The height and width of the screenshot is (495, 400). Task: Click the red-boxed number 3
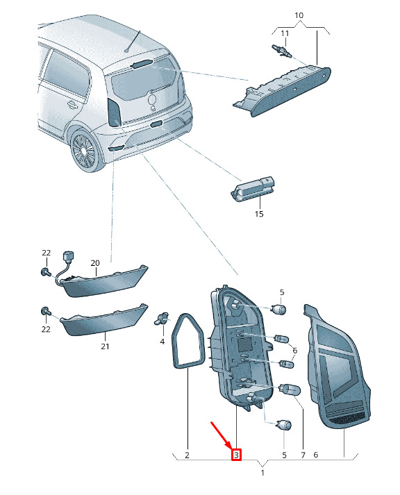(236, 455)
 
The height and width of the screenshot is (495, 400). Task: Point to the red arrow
(222, 435)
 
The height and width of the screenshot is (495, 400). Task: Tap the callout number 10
(299, 15)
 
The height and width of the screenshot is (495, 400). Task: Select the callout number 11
(285, 33)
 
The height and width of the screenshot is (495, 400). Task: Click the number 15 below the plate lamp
(259, 214)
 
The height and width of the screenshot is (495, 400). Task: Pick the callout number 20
(95, 262)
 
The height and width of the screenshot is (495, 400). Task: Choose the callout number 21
(105, 346)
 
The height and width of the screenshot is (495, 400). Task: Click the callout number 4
(162, 342)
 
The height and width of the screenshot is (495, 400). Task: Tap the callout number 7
(303, 455)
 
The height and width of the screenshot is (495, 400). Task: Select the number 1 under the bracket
(262, 473)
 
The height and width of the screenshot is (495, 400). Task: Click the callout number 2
(187, 455)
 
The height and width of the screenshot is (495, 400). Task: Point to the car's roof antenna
(133, 41)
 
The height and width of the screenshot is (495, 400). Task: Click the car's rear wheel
(83, 151)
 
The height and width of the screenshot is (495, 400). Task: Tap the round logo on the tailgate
(153, 100)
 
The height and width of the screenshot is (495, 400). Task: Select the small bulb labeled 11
(282, 51)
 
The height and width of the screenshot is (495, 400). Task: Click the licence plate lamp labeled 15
(252, 188)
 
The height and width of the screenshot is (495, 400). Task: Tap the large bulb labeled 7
(289, 389)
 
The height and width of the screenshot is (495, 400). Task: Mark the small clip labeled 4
(162, 319)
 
